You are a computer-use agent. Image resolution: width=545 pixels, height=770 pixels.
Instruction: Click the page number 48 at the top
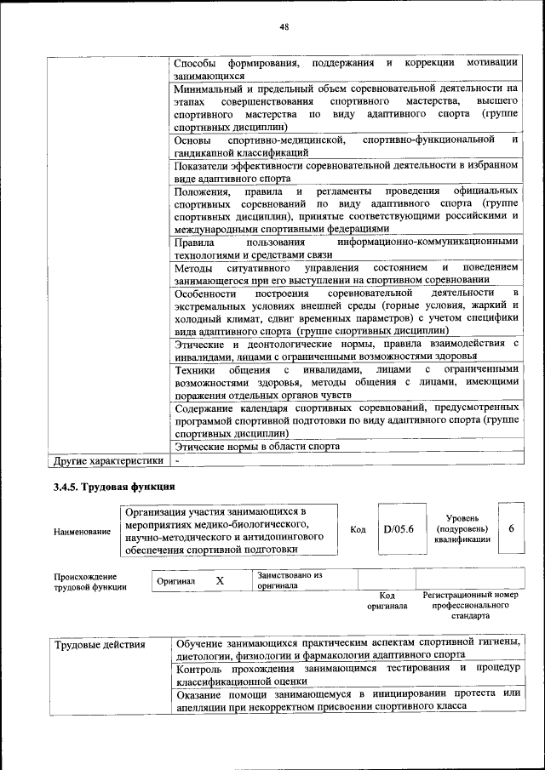(x=284, y=27)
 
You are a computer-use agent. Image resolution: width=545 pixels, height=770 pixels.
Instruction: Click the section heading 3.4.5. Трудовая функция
(x=109, y=487)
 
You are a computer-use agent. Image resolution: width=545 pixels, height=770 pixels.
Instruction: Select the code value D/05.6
(x=398, y=529)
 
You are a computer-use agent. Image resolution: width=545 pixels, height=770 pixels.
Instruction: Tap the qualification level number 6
(x=511, y=528)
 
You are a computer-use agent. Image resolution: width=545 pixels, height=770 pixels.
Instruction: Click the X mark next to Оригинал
(x=220, y=580)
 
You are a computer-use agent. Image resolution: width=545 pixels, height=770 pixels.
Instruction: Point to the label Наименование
(x=82, y=532)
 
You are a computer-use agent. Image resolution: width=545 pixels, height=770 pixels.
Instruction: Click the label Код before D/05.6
(x=359, y=529)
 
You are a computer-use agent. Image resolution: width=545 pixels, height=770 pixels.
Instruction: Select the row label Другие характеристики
(x=107, y=460)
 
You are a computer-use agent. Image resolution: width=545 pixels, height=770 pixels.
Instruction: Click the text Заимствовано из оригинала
(x=290, y=580)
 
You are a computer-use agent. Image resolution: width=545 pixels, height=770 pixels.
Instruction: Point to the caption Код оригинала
(x=387, y=601)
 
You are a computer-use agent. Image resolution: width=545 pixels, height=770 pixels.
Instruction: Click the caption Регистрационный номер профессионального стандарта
(x=469, y=605)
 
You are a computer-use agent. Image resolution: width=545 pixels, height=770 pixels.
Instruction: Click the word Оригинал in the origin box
(x=176, y=581)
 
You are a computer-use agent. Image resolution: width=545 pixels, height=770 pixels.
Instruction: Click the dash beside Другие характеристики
(x=176, y=460)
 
